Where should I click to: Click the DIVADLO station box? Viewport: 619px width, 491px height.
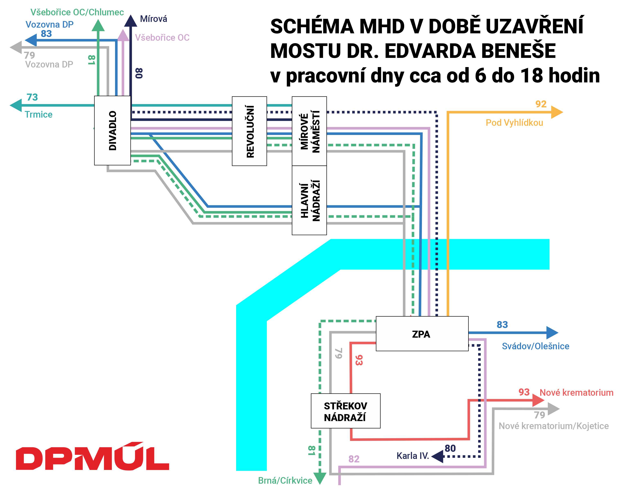pos(112,130)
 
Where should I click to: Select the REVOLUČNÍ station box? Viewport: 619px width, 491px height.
pos(249,131)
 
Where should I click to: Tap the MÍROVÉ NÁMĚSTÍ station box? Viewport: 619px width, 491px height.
pos(309,131)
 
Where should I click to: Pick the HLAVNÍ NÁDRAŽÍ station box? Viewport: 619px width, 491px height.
pos(309,200)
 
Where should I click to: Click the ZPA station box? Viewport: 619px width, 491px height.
pos(422,334)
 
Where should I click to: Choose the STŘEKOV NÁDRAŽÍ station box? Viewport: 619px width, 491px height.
pos(345,411)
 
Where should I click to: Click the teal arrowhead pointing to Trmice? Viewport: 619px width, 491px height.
pos(16,105)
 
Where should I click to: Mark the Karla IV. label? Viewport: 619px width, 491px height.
pos(413,456)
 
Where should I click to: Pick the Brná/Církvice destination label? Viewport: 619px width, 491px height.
pos(285,480)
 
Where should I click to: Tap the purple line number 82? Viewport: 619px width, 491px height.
pos(354,459)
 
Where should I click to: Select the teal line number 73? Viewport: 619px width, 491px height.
pos(32,97)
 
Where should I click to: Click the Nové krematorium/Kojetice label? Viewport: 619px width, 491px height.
pos(554,426)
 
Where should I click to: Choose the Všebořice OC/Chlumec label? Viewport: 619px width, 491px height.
pos(77,12)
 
